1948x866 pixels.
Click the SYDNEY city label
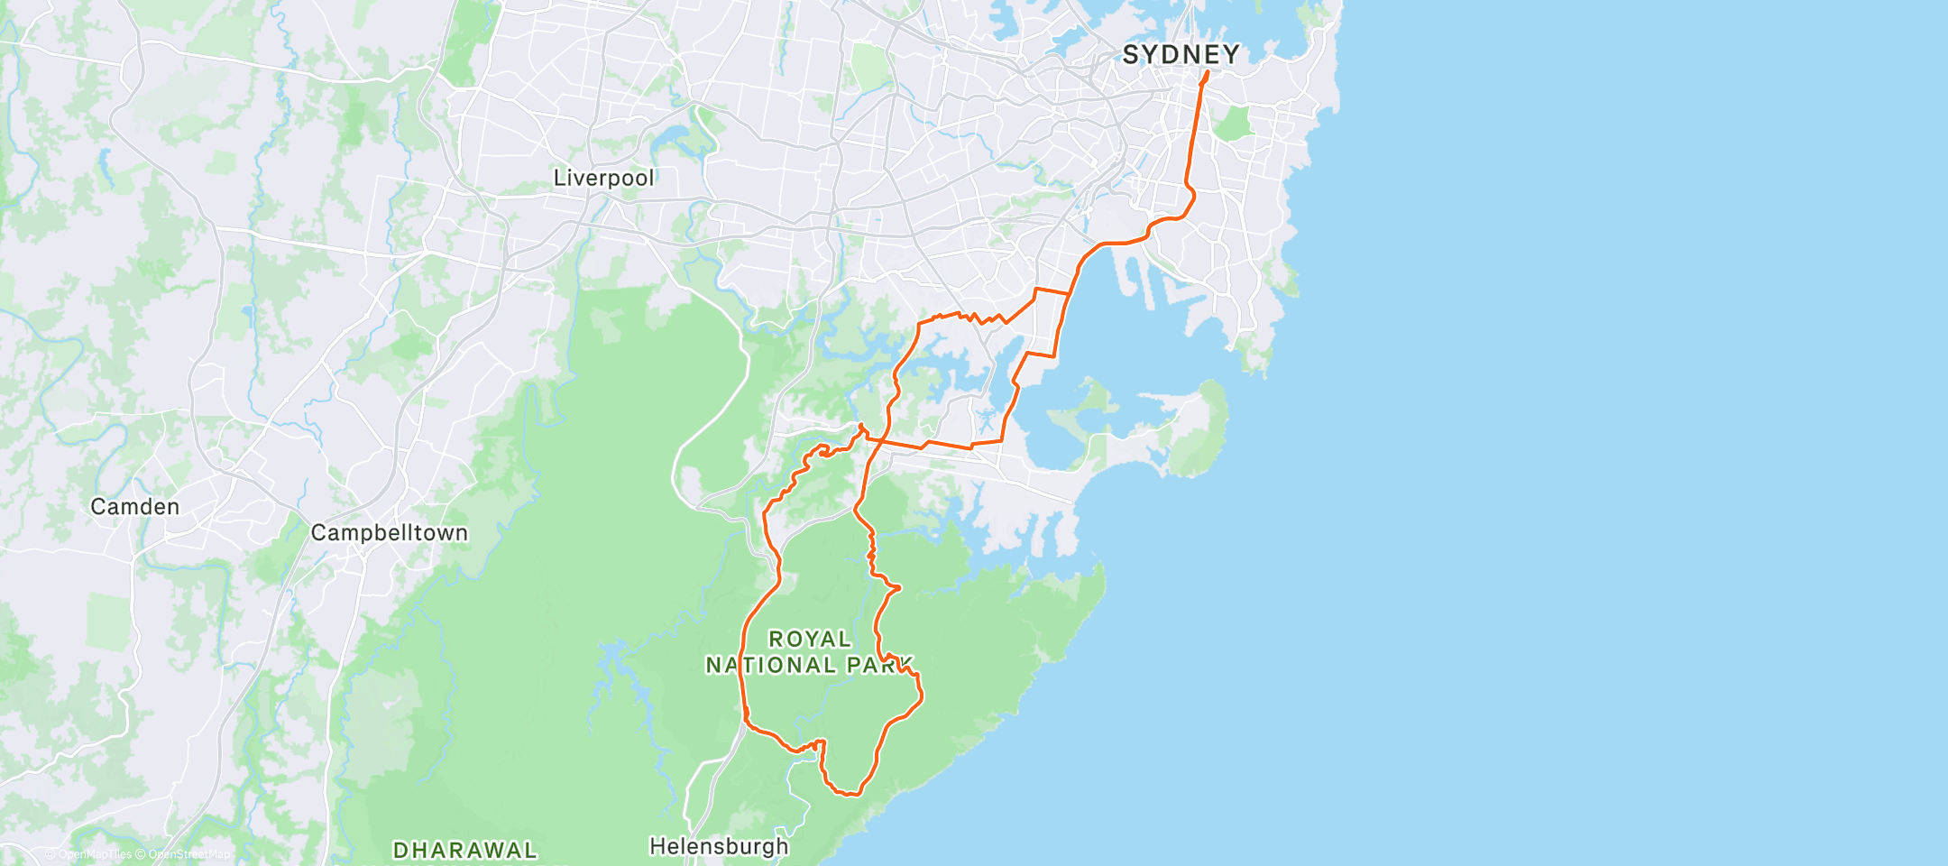[x=1181, y=55]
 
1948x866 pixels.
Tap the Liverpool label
[x=603, y=178]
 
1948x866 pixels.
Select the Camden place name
[x=135, y=507]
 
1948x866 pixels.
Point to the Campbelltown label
[x=389, y=533]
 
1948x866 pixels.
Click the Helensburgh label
[x=719, y=846]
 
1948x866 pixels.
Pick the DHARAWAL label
[x=465, y=850]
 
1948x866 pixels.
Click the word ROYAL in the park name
[x=810, y=639]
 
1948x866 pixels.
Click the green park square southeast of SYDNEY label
[x=1234, y=123]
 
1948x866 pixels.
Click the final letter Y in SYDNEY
[x=1231, y=55]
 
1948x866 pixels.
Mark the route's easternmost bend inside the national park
[x=921, y=695]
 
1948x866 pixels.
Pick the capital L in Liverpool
[x=559, y=178]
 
